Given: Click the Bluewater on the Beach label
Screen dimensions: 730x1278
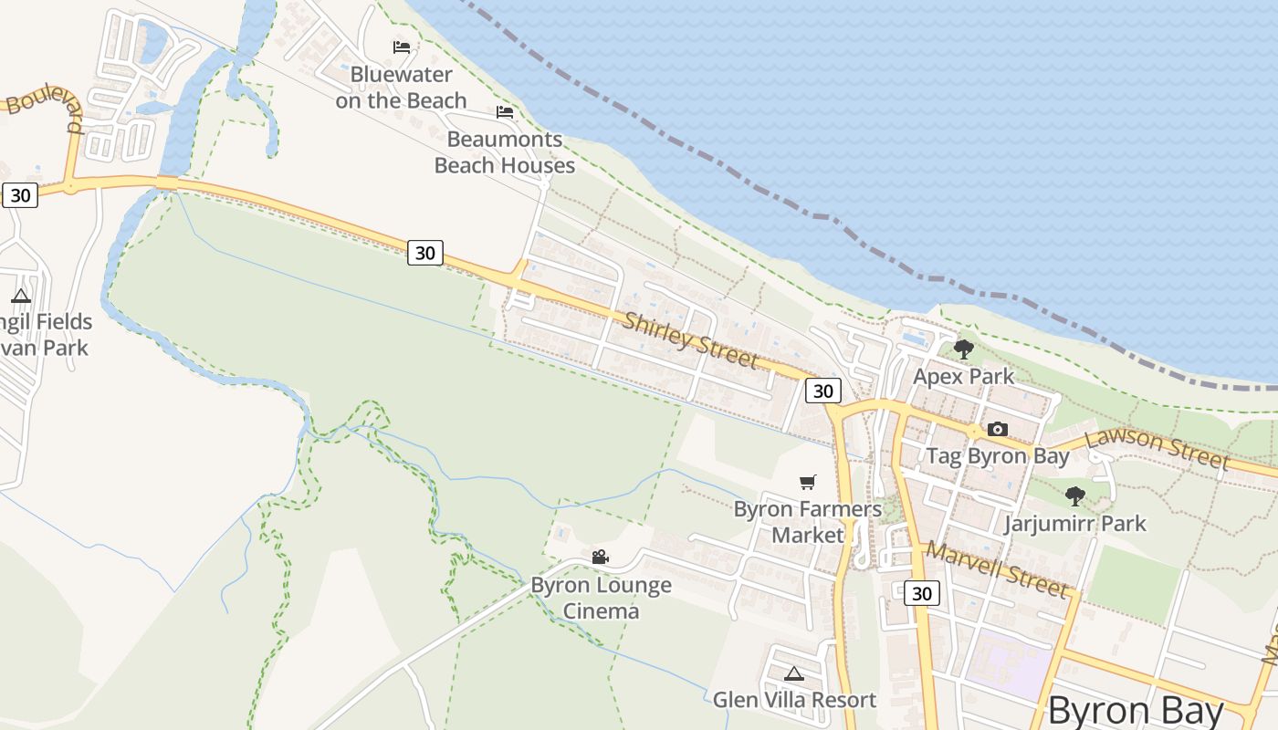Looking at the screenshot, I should [401, 88].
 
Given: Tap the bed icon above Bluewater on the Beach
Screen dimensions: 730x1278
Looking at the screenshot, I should [402, 47].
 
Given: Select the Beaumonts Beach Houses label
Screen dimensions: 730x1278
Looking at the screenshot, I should [504, 152].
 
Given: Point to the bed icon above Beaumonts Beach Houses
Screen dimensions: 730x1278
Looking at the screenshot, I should [505, 113].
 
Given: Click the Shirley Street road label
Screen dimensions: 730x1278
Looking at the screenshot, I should [691, 339].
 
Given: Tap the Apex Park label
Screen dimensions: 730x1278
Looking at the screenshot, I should [963, 377].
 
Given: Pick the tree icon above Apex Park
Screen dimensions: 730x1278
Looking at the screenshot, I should [963, 349].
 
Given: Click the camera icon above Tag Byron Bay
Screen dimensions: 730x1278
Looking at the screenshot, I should [998, 429].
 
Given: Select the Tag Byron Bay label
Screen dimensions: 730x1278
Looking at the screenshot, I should [998, 456].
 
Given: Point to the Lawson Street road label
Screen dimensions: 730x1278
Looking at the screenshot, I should [1157, 448].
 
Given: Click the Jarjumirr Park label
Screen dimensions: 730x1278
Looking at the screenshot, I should [1075, 524].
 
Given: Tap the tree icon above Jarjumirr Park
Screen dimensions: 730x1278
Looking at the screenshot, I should [1075, 496].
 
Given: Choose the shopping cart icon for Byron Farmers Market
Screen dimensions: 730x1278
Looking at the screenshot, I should [808, 482].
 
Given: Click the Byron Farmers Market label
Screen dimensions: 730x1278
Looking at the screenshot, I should [808, 522].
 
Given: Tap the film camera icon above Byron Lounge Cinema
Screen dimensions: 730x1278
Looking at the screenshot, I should [600, 557].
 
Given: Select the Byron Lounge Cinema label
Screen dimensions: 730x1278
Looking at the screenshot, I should [601, 598].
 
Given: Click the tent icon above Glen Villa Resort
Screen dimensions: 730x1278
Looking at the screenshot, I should [794, 674].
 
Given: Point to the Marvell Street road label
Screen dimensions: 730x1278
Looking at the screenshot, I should [996, 569].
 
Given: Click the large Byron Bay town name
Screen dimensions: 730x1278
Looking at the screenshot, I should [1136, 710].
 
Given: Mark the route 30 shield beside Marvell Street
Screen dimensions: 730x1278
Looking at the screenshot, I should [922, 593].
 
